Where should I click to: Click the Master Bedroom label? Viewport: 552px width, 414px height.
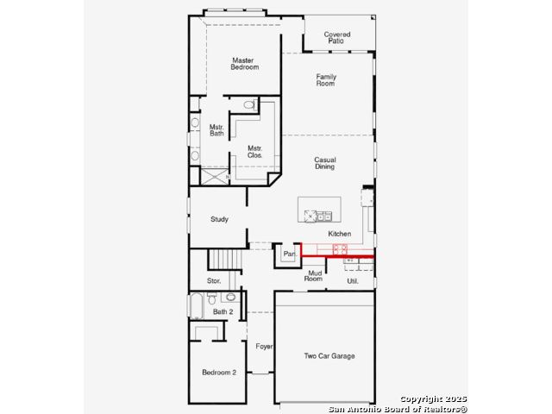(x=245, y=64)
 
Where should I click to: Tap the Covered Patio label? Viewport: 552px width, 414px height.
(x=337, y=38)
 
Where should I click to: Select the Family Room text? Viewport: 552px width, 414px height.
(x=326, y=80)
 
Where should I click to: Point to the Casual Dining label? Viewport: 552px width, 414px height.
(x=325, y=163)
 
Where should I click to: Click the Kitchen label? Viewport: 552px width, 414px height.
(x=339, y=234)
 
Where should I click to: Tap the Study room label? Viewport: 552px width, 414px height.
(x=219, y=219)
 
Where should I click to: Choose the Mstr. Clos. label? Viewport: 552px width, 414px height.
(x=255, y=152)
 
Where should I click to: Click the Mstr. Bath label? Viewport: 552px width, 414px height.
(x=216, y=130)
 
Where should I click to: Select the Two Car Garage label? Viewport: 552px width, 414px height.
(x=329, y=356)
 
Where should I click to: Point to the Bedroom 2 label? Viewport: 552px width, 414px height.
(x=219, y=373)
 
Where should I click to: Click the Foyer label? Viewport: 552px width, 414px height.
(x=264, y=347)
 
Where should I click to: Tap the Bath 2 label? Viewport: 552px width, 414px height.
(x=223, y=311)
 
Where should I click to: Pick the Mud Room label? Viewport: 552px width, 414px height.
(x=313, y=276)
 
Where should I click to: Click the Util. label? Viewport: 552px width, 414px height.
(x=353, y=281)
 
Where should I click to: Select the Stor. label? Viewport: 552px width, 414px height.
(x=214, y=280)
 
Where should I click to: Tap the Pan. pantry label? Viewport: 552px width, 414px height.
(x=290, y=254)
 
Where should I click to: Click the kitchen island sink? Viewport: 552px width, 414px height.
(x=324, y=216)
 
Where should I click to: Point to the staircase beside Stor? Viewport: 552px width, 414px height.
(x=225, y=260)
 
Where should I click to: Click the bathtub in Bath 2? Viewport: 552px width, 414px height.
(x=197, y=305)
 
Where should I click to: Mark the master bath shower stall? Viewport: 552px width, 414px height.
(x=215, y=176)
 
